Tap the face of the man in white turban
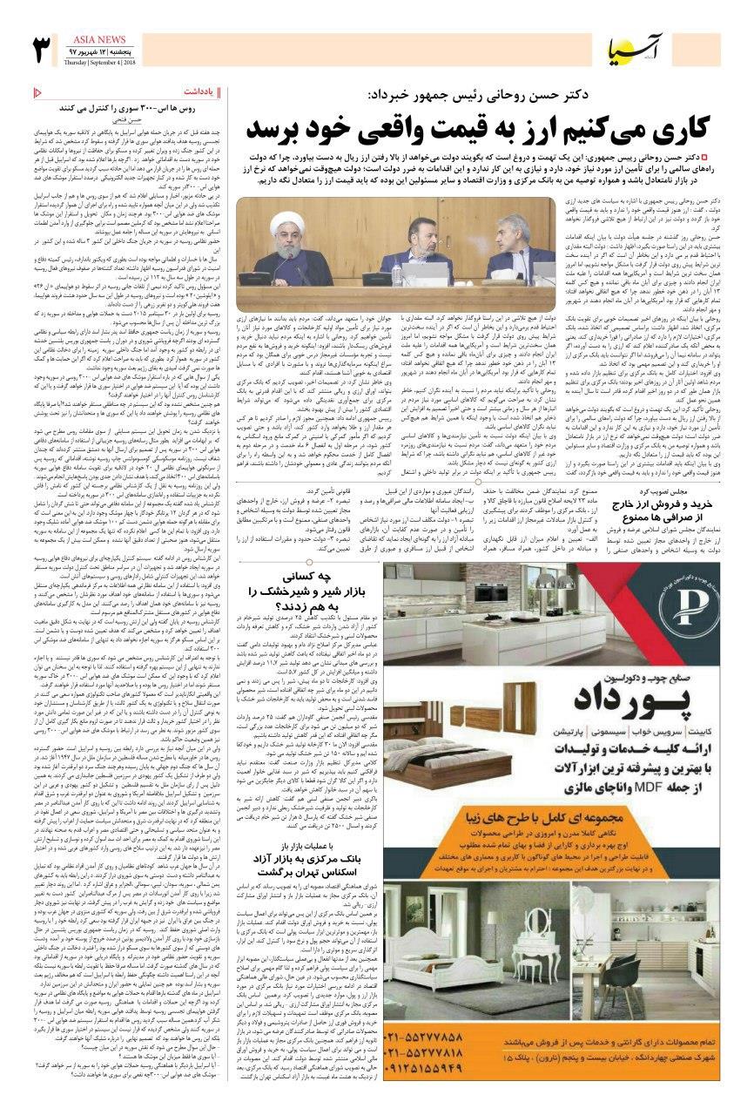[x=297, y=242]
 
